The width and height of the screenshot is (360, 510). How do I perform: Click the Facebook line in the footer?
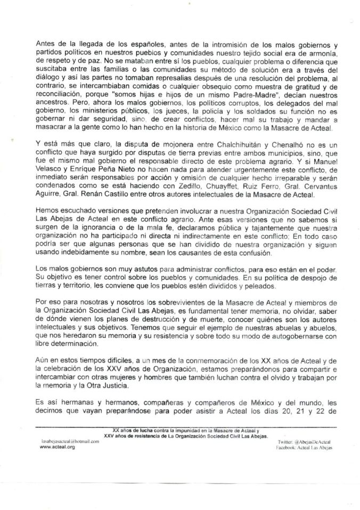(x=301, y=449)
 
